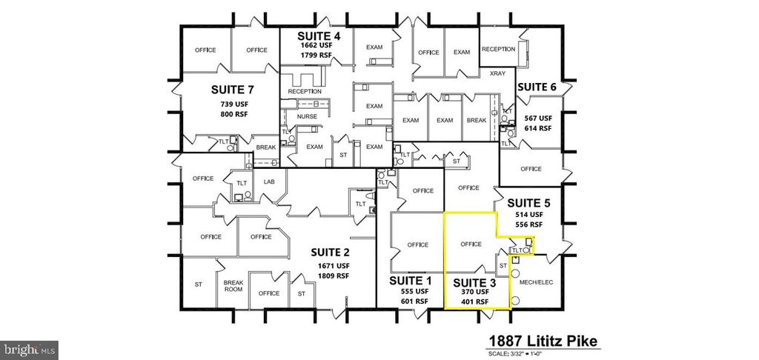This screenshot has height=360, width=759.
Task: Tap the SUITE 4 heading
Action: (319, 36)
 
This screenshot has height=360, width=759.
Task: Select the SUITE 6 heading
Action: (536, 87)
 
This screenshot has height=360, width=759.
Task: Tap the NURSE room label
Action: (306, 116)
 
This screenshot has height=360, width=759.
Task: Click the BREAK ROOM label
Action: (233, 287)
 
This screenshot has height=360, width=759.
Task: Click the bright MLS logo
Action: (30, 347)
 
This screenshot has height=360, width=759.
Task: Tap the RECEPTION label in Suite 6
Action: (498, 49)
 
